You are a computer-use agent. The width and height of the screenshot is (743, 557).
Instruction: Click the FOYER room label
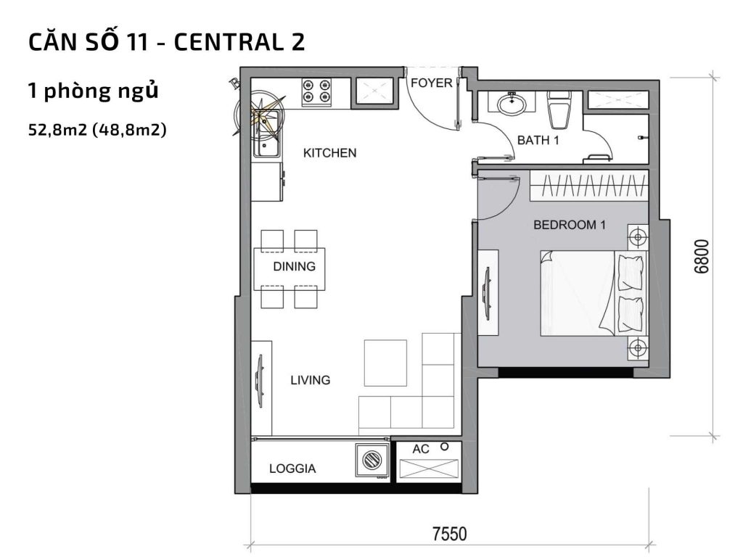point(431,83)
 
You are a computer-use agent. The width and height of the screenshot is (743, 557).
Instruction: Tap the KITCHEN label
point(329,153)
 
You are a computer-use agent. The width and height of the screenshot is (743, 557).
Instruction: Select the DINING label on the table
point(294,266)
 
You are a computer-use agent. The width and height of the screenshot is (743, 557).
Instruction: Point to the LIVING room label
point(310,380)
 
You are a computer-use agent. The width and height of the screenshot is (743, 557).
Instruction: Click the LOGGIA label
point(292,469)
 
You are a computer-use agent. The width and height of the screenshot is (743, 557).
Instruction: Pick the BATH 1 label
point(538,140)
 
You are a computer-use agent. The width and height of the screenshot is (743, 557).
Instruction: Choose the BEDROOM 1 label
point(569,225)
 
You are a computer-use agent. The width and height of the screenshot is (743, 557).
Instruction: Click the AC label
point(421,450)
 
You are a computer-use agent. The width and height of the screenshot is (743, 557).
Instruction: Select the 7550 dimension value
point(450,535)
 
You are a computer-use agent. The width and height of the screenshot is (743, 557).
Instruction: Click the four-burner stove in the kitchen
point(316,90)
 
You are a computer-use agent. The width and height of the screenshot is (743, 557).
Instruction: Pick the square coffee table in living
point(385,362)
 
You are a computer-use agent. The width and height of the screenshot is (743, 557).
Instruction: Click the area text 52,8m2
point(59,131)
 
